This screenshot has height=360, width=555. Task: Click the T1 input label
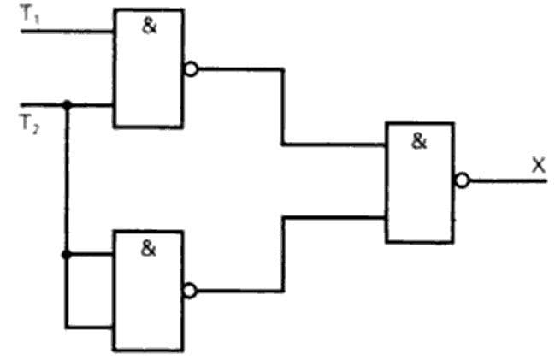pyautogui.click(x=31, y=15)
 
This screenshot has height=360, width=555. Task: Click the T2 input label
pyautogui.click(x=30, y=125)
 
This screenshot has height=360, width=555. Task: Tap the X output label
pyautogui.click(x=539, y=165)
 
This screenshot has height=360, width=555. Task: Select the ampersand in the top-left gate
pyautogui.click(x=149, y=27)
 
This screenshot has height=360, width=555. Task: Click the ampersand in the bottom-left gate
pyautogui.click(x=148, y=248)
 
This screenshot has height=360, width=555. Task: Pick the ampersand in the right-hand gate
pyautogui.click(x=419, y=141)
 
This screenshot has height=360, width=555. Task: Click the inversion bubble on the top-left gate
pyautogui.click(x=192, y=69)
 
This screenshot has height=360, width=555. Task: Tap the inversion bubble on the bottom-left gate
pyautogui.click(x=190, y=291)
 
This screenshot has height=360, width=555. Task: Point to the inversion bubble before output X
pyautogui.click(x=463, y=180)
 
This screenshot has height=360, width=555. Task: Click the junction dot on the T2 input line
pyautogui.click(x=67, y=105)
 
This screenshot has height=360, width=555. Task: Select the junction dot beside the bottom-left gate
pyautogui.click(x=66, y=255)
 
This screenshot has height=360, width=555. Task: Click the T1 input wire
pyautogui.click(x=68, y=32)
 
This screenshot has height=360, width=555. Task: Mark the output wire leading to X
pyautogui.click(x=508, y=181)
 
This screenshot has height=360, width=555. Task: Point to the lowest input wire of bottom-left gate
pyautogui.click(x=89, y=328)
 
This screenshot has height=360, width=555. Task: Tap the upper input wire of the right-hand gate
pyautogui.click(x=334, y=145)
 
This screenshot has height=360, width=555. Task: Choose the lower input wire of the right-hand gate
pyautogui.click(x=334, y=217)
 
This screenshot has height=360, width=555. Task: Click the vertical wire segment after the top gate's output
pyautogui.click(x=283, y=107)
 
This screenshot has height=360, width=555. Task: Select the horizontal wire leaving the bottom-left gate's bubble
pyautogui.click(x=240, y=291)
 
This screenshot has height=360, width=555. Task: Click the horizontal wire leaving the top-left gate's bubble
pyautogui.click(x=240, y=69)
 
